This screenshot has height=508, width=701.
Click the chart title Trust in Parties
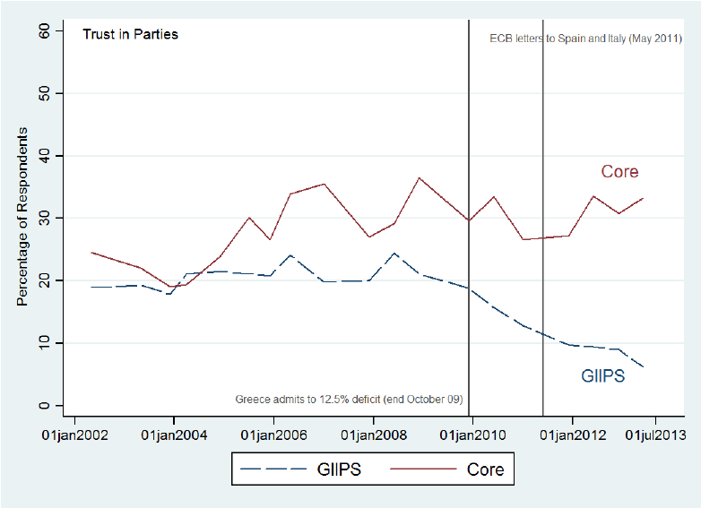click(x=130, y=35)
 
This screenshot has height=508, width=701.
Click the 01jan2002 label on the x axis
click(x=75, y=435)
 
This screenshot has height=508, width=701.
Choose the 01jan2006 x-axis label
click(x=273, y=435)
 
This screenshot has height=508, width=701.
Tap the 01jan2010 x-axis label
click(x=472, y=435)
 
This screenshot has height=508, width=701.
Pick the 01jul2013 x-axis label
click(x=654, y=435)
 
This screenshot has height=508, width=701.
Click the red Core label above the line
click(x=619, y=172)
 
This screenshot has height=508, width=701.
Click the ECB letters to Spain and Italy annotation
click(x=585, y=39)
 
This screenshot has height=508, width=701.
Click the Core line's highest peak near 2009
click(x=419, y=177)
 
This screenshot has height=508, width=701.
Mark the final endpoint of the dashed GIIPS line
click(x=643, y=366)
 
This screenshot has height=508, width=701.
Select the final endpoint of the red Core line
click(x=643, y=198)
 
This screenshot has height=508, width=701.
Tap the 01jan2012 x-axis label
click(x=572, y=435)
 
